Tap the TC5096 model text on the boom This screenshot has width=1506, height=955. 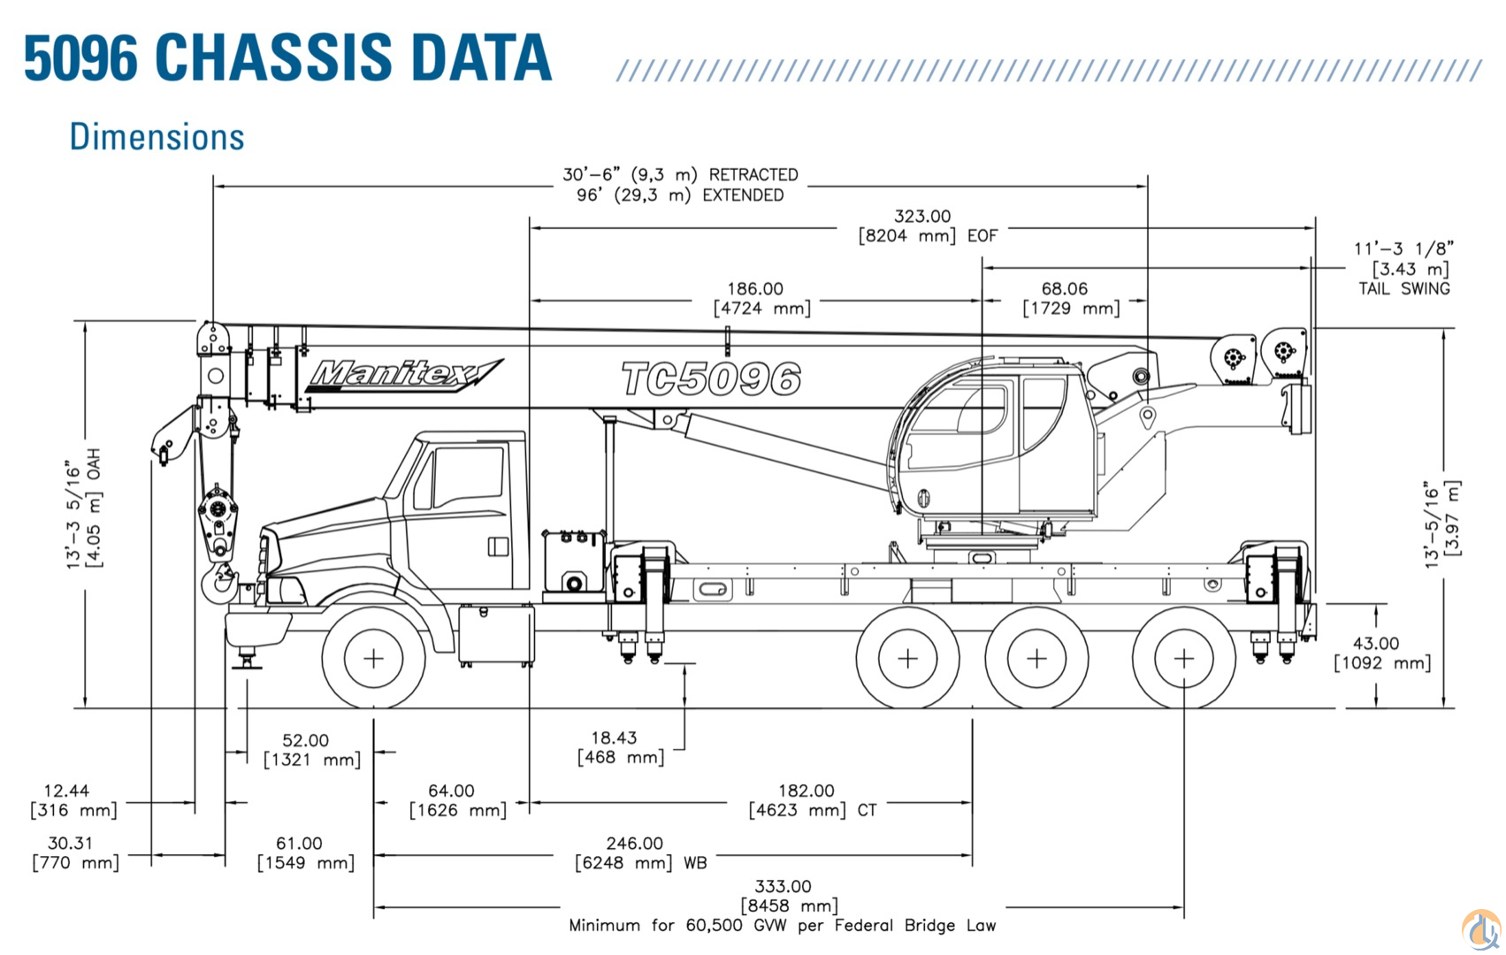tap(711, 379)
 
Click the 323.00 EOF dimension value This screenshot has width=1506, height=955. tap(922, 217)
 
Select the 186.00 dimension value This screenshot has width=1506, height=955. tap(755, 289)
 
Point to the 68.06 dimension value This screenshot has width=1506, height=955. tap(1064, 289)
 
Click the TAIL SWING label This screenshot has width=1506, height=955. tap(1403, 288)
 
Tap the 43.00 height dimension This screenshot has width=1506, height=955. tap(1376, 644)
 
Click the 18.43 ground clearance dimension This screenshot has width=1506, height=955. tap(614, 737)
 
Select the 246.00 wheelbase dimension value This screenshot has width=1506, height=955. tap(634, 844)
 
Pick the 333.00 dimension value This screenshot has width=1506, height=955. tap(783, 886)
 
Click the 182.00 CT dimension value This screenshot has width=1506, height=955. tap(806, 791)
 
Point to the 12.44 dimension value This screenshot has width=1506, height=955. tap(66, 791)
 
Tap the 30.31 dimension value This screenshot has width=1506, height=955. tap(70, 844)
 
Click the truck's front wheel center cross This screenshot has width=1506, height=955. tap(373, 659)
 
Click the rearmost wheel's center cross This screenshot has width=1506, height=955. tap(1183, 659)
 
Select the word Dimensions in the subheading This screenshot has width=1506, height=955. tap(157, 138)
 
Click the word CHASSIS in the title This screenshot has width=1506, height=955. tap(274, 58)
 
